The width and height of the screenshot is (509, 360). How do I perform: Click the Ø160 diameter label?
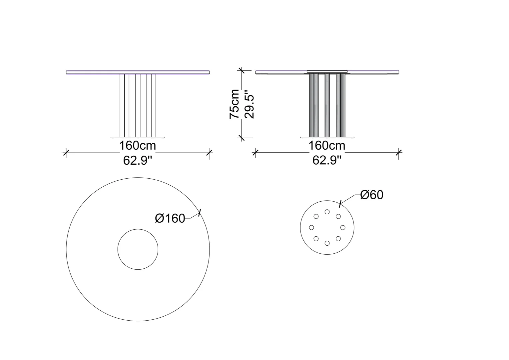(170, 219)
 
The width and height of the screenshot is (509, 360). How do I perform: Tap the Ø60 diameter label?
(372, 195)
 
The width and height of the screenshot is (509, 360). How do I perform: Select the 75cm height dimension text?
(234, 104)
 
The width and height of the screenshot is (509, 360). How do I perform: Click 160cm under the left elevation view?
(138, 146)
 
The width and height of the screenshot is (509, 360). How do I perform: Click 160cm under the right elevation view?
(327, 146)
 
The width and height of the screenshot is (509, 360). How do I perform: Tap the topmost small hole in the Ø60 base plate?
(327, 212)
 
